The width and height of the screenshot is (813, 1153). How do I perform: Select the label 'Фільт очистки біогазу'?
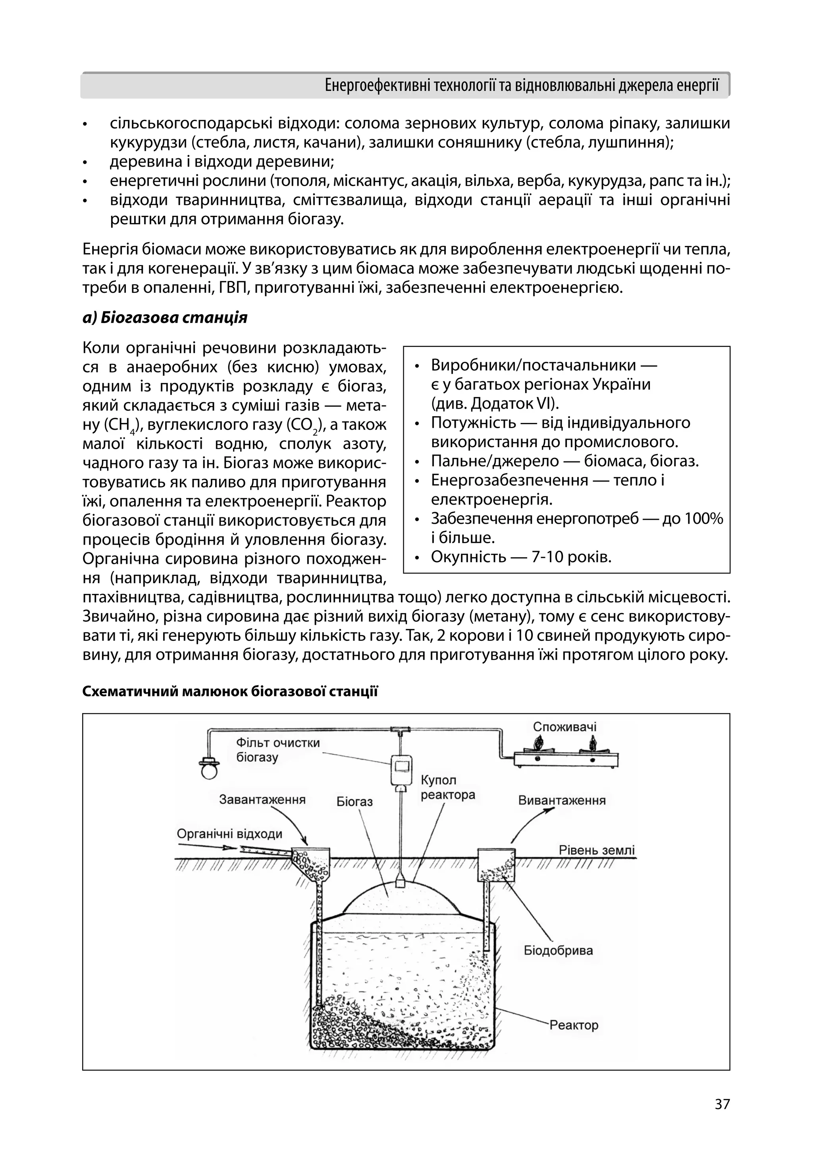click(277, 750)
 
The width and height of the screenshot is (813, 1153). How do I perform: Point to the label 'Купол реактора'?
click(447, 788)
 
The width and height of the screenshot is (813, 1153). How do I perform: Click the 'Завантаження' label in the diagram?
click(262, 799)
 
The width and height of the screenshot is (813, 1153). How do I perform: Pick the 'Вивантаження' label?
click(562, 800)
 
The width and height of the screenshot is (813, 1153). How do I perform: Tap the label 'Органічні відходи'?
click(229, 834)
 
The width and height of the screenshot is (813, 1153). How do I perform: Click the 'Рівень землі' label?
click(596, 850)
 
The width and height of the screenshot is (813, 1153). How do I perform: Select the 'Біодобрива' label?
click(558, 950)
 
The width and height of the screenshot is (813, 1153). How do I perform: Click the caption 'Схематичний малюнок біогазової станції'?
click(230, 692)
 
